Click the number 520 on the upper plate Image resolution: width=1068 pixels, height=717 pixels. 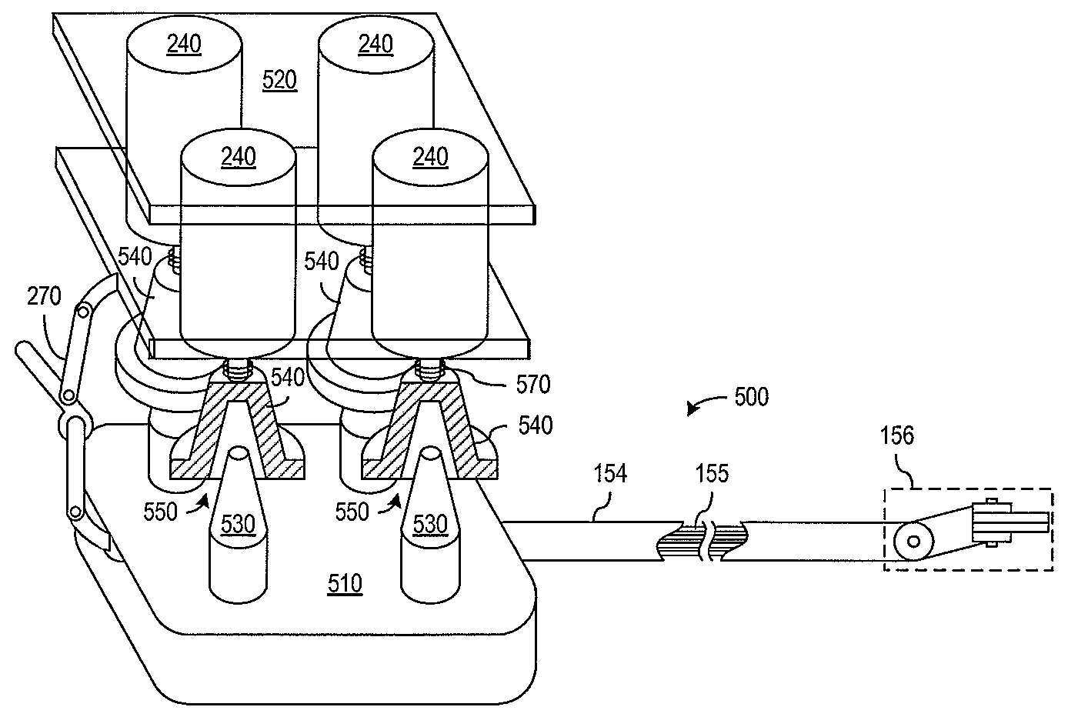coord(279,80)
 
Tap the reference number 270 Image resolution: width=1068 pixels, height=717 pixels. coord(44,296)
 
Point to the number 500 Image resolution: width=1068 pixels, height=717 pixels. coord(751,397)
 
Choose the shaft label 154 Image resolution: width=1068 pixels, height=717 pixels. coord(610,473)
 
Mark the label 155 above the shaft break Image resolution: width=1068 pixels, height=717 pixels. coord(711,473)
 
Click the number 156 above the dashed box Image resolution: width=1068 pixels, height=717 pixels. coord(896,435)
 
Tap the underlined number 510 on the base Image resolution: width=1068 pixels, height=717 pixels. coord(345,584)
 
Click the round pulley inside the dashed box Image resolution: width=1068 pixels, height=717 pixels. coord(913,541)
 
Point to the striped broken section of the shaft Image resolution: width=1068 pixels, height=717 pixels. coord(700,542)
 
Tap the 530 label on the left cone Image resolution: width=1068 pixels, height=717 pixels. coord(238,524)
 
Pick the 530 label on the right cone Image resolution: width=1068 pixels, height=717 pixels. coord(429,524)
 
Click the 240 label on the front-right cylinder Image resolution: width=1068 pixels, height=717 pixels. coord(430,157)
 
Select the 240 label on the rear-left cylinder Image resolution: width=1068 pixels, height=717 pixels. coord(184,45)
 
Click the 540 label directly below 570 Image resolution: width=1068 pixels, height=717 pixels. coord(536,425)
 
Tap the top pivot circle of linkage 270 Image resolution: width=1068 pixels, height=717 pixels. coord(81,312)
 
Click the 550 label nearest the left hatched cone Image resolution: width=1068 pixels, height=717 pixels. coord(160,511)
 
